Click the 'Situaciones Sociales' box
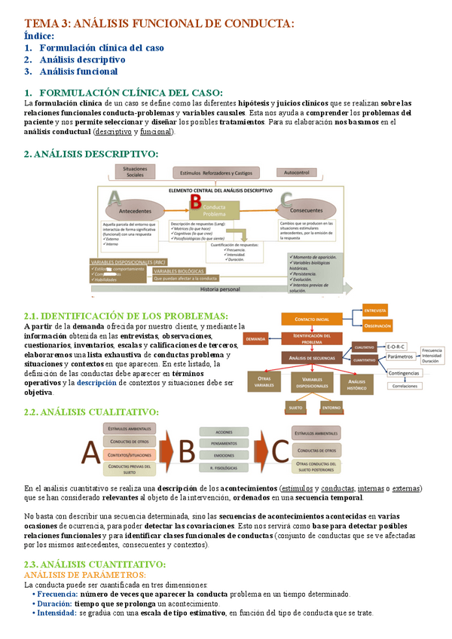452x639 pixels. [135, 173]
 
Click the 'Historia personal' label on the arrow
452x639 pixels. [219, 289]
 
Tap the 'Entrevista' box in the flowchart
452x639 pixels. [374, 310]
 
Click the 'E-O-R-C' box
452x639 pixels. [396, 347]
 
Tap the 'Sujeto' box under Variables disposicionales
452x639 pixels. [295, 408]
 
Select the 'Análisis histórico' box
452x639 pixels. [357, 385]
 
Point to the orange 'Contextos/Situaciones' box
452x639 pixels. [130, 455]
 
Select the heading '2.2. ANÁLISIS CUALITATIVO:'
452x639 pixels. [91, 412]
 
